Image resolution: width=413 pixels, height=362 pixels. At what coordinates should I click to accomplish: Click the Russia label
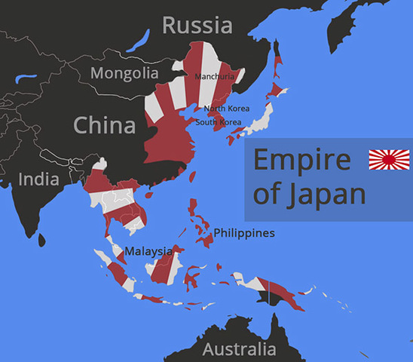(197, 25)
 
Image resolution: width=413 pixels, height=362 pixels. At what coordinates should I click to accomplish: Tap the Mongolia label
(124, 73)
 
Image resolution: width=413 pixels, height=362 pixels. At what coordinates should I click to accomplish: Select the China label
(104, 123)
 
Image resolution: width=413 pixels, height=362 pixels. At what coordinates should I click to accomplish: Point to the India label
(38, 179)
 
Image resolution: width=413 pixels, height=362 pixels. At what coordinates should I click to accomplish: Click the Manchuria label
(214, 77)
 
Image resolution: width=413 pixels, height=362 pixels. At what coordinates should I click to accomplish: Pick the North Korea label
(226, 109)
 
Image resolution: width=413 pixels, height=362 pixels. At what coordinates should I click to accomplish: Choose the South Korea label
(219, 122)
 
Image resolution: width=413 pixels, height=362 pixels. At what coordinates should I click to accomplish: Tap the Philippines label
(244, 233)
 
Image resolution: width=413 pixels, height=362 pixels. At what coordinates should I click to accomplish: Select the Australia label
(239, 349)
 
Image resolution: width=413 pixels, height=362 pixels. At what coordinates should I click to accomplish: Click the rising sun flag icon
(389, 159)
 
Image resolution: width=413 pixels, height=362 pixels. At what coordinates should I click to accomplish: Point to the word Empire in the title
(302, 161)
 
